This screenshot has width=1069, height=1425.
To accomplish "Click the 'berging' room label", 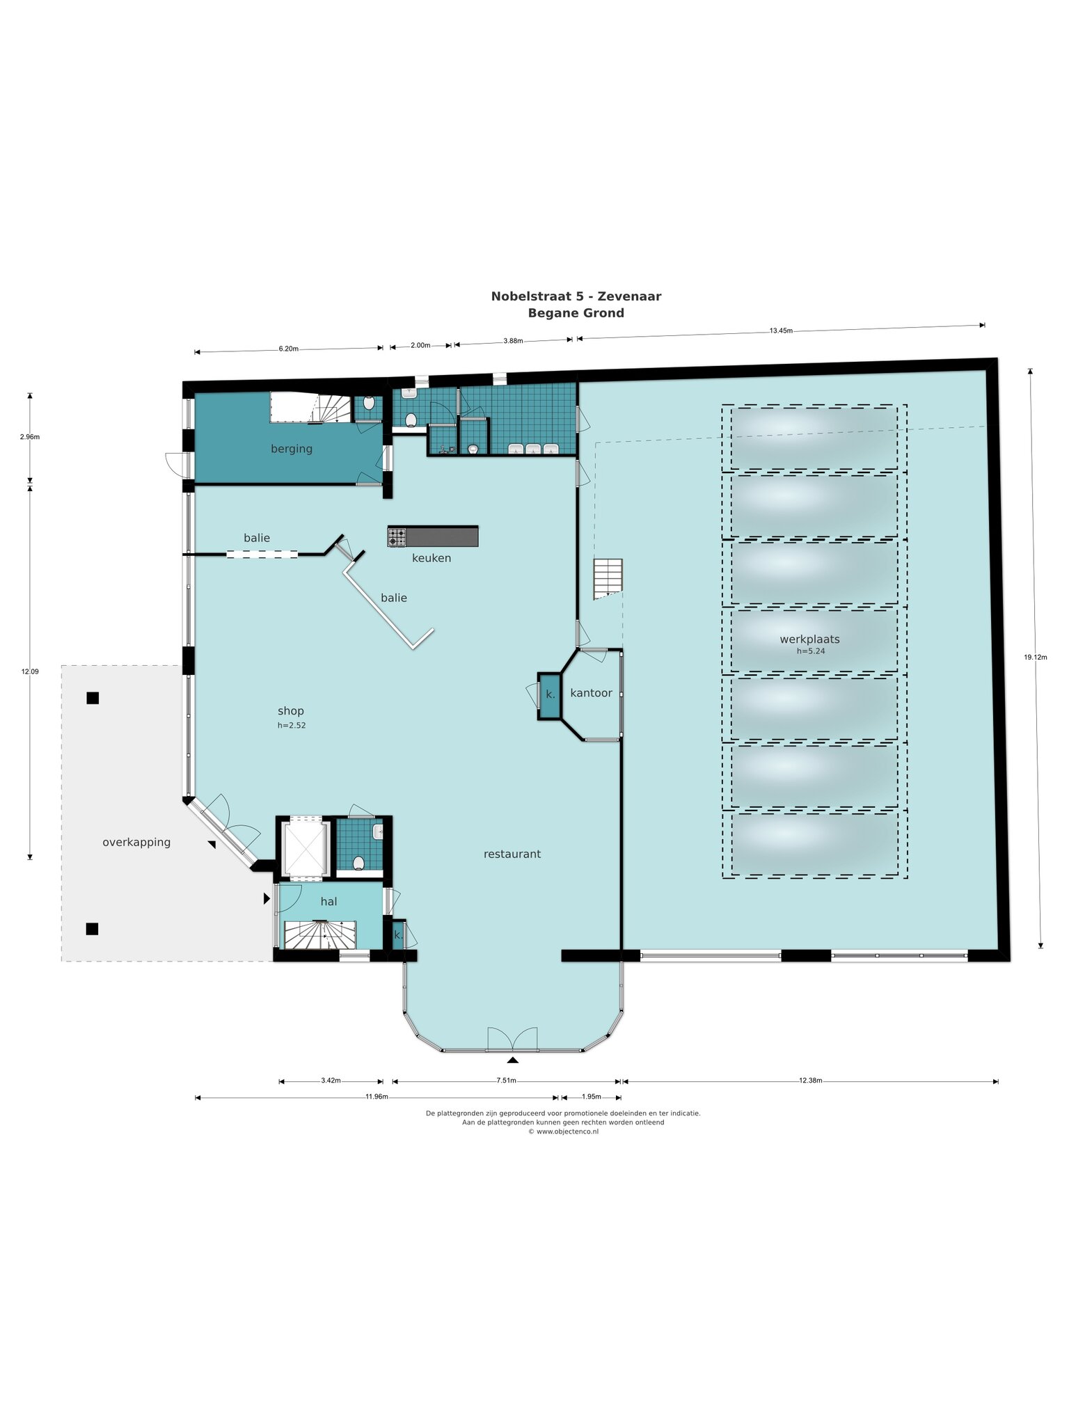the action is click(x=292, y=449).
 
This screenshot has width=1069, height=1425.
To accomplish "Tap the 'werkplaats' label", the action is click(x=809, y=639).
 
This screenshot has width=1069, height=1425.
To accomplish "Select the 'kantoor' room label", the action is click(x=591, y=693).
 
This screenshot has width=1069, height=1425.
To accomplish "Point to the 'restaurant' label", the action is click(x=512, y=854).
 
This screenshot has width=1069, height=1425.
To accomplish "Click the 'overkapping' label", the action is click(x=136, y=843).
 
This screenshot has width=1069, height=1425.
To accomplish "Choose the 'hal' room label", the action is click(x=328, y=902).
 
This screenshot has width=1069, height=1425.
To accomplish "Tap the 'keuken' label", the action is click(x=431, y=558).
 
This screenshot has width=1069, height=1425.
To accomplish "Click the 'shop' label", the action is click(x=291, y=711).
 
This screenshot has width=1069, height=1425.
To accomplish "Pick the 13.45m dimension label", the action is click(x=781, y=331).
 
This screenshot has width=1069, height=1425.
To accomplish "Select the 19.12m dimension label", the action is click(x=1036, y=657).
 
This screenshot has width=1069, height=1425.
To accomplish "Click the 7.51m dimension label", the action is click(x=506, y=1081).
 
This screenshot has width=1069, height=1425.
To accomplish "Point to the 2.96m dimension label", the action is click(x=30, y=437).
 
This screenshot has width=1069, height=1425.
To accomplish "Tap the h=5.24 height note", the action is click(x=811, y=651).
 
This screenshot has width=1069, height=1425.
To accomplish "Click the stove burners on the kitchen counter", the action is click(x=397, y=537).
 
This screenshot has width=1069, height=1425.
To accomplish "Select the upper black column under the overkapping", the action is click(x=93, y=698).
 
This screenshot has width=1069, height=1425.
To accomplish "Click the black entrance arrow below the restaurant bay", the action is click(x=513, y=1060).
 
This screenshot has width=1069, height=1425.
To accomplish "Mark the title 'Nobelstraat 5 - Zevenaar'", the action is click(x=576, y=296).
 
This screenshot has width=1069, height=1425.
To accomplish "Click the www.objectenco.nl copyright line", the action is click(x=563, y=1131).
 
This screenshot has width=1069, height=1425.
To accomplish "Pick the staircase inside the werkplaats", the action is click(x=608, y=579).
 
